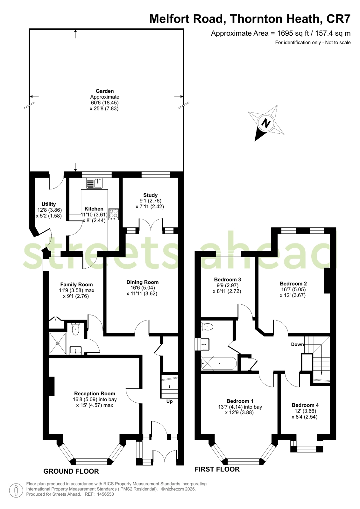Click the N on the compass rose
point(266,124)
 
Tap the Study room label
point(150,195)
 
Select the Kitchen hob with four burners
point(113,214)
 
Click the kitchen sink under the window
point(95,183)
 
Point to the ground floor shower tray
point(58,343)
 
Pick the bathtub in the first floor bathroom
point(219,363)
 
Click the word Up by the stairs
point(169,401)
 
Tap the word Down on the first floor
point(297,344)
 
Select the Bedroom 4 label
point(305,405)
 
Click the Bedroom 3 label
point(227,279)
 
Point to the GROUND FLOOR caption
point(71,471)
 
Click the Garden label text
point(104,91)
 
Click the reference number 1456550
point(105,494)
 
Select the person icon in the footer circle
point(16,490)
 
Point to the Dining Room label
point(143,282)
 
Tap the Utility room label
point(49,204)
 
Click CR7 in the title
point(338,19)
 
